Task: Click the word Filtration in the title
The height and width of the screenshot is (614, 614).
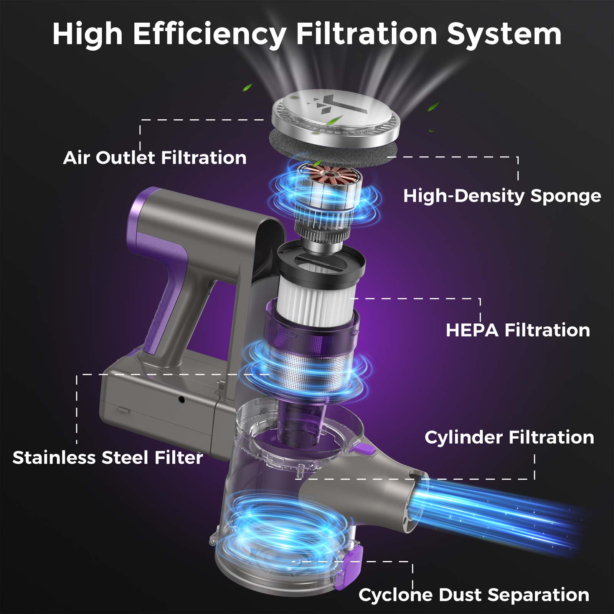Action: click(x=366, y=34)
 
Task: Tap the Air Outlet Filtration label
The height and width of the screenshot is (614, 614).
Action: click(x=155, y=158)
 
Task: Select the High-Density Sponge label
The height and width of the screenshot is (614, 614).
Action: click(x=502, y=196)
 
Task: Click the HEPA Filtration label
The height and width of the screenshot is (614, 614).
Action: click(x=518, y=330)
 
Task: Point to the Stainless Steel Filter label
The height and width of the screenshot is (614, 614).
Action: click(x=107, y=457)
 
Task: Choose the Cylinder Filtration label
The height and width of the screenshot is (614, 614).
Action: click(x=509, y=437)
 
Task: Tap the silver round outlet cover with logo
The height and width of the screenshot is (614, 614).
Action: click(x=335, y=114)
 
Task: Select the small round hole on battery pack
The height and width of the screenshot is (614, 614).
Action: click(x=182, y=400)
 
